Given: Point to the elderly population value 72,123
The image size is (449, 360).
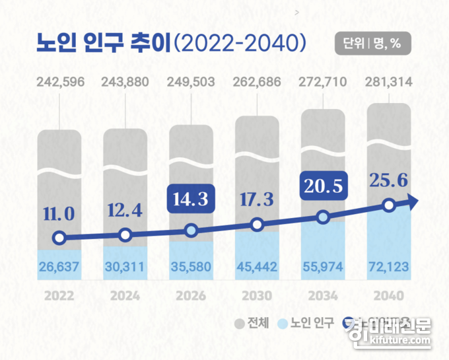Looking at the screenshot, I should coord(389,267).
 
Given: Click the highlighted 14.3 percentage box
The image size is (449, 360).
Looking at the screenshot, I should coord(191,198).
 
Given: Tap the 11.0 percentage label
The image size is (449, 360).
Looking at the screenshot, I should coord(59,213).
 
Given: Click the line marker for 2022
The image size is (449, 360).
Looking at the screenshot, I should coord(59,238).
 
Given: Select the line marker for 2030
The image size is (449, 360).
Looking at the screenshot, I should coord(258,225).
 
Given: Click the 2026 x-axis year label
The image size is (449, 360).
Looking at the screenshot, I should coord(191,295).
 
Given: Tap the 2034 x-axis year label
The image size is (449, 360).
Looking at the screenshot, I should coord(324,295).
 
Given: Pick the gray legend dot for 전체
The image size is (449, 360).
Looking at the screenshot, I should coord(238,324).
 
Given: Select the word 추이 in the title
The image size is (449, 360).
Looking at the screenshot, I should coord(151,43).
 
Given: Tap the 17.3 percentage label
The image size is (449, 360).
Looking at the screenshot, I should coord(258,197).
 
